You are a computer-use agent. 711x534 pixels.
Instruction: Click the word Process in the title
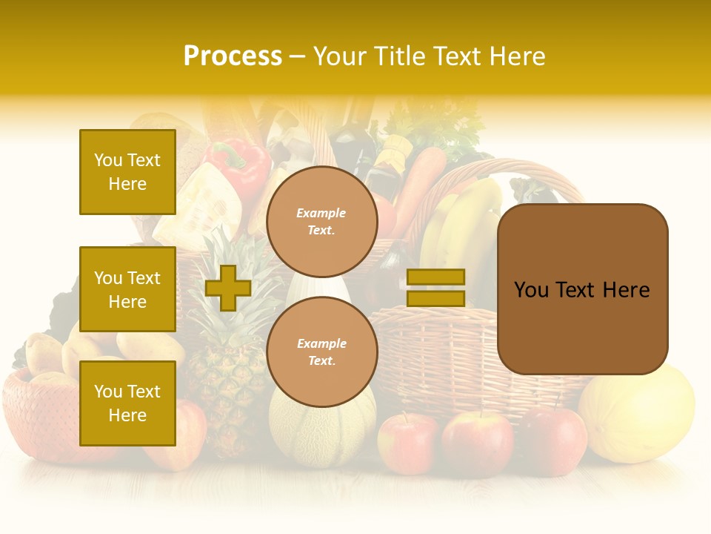point(233,56)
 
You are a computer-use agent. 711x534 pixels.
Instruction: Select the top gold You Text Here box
point(127,172)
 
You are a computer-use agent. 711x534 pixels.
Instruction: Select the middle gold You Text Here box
point(127,289)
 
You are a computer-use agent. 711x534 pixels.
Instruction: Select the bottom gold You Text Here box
point(127,403)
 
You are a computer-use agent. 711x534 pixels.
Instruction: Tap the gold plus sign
point(228,288)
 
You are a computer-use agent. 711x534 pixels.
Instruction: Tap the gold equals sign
point(436,288)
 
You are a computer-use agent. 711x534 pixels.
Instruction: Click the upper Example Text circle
point(321,221)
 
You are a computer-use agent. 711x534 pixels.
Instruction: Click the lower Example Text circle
point(321,352)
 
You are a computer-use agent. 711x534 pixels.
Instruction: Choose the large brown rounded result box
point(582,289)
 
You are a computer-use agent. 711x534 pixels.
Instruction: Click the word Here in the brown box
point(627,290)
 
